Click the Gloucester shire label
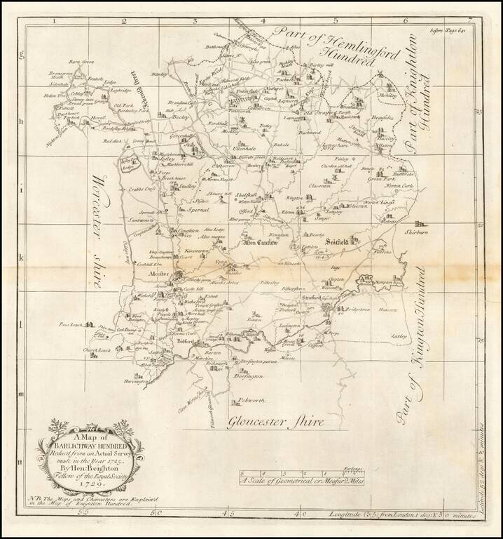[275, 422]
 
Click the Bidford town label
[185, 341]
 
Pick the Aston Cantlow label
[260, 244]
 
